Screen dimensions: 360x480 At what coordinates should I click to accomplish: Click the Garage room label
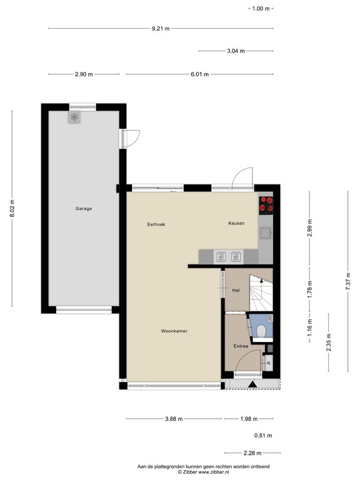point(84,209)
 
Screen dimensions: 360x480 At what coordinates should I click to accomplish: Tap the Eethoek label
point(156,224)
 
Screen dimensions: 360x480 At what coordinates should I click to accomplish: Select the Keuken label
point(236,223)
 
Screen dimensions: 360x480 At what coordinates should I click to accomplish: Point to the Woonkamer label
point(174,331)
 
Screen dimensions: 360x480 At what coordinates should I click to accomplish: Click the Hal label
point(236,290)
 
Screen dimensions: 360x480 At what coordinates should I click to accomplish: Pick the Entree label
point(241,346)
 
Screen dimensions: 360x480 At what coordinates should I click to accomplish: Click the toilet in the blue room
point(261,331)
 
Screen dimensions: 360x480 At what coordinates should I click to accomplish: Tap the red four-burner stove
point(266,205)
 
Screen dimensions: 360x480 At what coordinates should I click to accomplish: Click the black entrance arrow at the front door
point(252,384)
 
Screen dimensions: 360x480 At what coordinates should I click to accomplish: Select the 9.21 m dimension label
point(161,29)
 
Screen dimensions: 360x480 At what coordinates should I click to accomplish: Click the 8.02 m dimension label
point(12,209)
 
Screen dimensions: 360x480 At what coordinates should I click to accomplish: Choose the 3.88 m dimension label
point(174,419)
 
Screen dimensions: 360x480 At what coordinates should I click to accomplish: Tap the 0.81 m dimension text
point(263,435)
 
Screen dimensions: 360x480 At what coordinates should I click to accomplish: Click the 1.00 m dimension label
point(261,9)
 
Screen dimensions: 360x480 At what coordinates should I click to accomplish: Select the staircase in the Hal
point(261,293)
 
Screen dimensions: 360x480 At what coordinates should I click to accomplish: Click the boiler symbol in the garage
point(74,117)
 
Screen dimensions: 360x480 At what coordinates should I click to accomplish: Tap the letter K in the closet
point(269,363)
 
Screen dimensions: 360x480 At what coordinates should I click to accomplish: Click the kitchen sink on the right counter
point(266,232)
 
